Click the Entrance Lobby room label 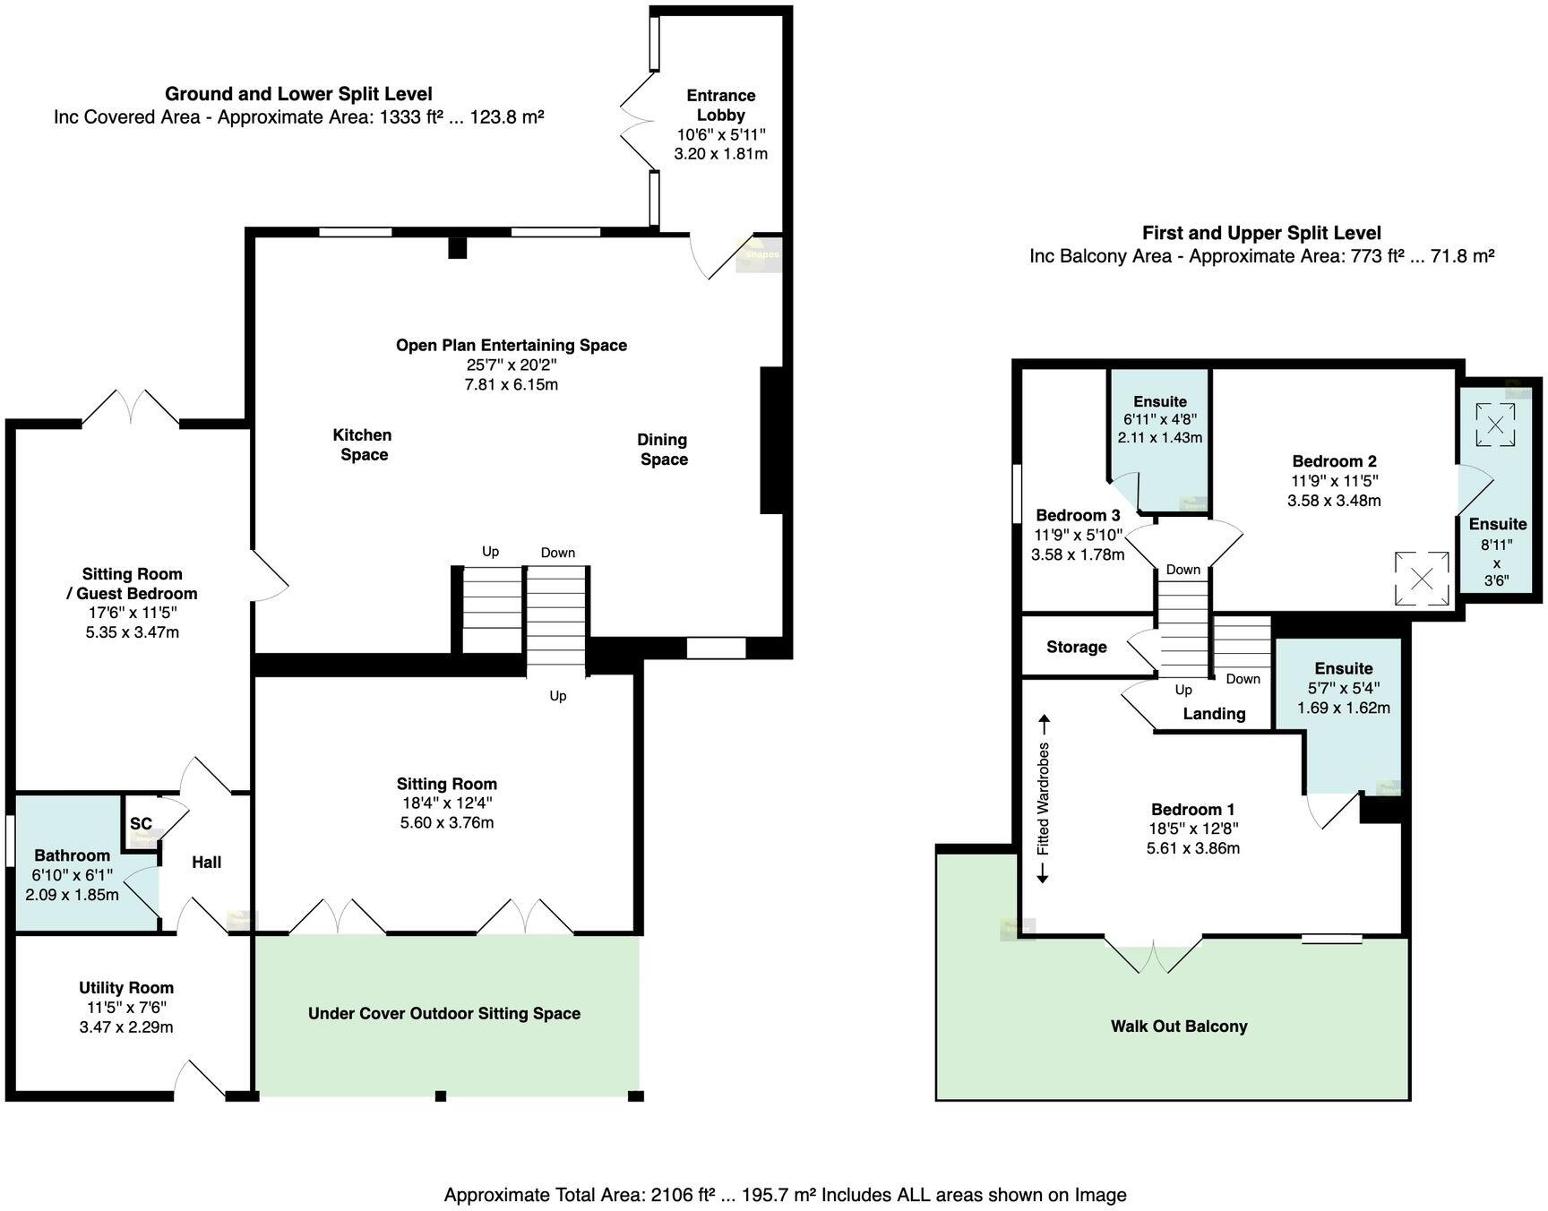click(x=720, y=105)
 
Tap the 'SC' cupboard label click(x=141, y=824)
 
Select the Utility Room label click(x=125, y=988)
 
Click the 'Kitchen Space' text click(x=362, y=445)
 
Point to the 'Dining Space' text click(x=663, y=450)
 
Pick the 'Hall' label click(x=206, y=863)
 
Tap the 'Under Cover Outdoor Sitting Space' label click(x=444, y=1014)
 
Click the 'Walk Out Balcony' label click(x=1179, y=1026)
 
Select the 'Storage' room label click(x=1076, y=648)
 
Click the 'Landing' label click(x=1214, y=714)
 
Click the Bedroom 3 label click(x=1078, y=516)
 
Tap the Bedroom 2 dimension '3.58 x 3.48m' click(x=1334, y=501)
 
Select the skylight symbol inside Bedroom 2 click(x=1422, y=579)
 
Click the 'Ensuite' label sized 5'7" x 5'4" click(x=1344, y=668)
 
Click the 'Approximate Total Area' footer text click(x=785, y=1195)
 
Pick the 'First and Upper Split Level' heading click(x=1261, y=233)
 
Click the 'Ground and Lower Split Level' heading click(x=298, y=94)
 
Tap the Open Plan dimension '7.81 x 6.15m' click(x=512, y=384)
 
